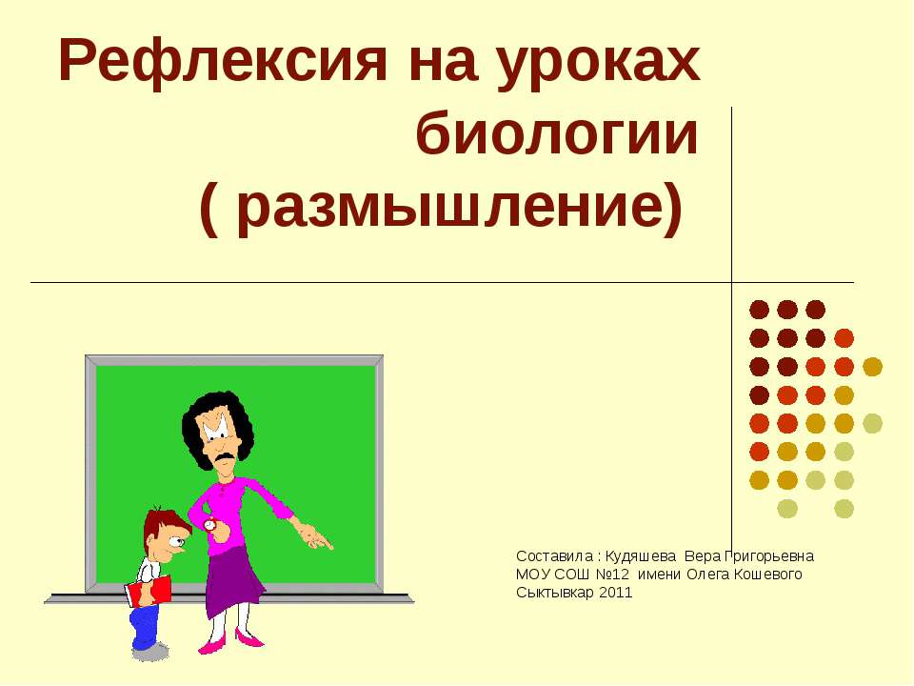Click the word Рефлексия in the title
[223, 61]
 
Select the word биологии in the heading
[557, 133]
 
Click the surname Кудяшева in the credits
[640, 556]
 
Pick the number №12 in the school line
[612, 575]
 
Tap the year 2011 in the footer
[616, 593]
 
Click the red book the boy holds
[149, 591]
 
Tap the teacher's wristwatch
[210, 525]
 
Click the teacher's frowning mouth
[223, 458]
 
